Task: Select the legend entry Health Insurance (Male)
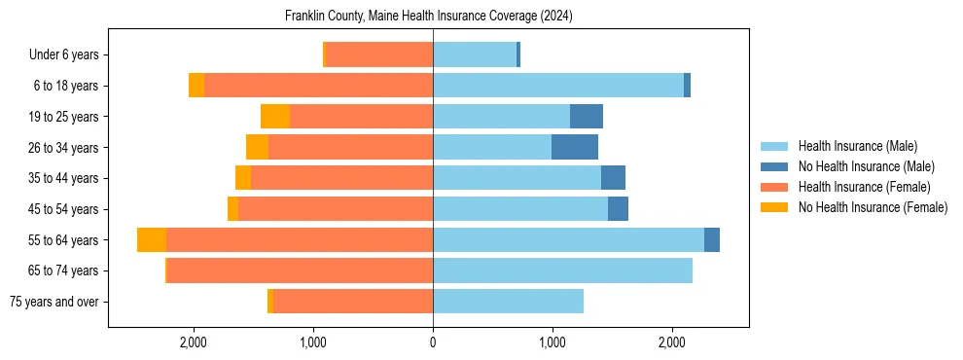point(857,146)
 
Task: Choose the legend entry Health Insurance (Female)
point(864,187)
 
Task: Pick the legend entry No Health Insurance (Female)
point(873,207)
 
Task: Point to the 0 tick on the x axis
point(433,342)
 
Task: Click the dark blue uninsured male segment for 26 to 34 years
point(575,147)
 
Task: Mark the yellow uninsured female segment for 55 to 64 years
point(152,239)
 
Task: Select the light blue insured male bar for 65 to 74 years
point(562,270)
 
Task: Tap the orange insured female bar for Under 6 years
point(379,54)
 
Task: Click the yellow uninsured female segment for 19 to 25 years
point(275,117)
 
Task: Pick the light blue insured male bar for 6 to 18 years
point(558,86)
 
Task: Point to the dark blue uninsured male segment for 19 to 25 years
point(587,117)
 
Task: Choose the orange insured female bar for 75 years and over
point(353,302)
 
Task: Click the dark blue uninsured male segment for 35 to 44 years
point(613,178)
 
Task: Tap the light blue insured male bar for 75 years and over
point(508,302)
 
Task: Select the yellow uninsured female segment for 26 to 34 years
point(257,147)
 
